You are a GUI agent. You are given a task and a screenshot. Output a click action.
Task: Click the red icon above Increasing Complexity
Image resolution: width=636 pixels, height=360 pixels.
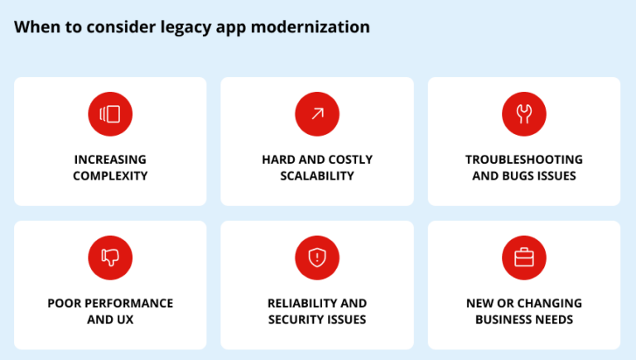(x=110, y=114)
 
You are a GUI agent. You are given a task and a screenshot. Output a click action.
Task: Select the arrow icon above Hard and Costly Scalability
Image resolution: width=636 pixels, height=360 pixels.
(x=317, y=114)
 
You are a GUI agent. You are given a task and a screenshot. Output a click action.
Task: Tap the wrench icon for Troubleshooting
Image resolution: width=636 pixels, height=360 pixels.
(x=524, y=114)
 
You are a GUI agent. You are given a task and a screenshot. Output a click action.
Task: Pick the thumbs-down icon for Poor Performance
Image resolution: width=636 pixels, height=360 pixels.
(x=110, y=257)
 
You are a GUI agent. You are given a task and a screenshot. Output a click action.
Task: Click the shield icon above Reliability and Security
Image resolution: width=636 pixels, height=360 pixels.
(x=317, y=257)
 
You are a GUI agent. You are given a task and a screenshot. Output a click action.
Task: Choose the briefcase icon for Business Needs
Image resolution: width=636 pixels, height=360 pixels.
(x=524, y=257)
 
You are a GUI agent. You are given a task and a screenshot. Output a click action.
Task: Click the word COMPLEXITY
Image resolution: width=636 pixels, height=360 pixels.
(x=110, y=175)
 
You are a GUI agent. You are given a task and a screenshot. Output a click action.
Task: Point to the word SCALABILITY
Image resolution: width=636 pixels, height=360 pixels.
(x=317, y=175)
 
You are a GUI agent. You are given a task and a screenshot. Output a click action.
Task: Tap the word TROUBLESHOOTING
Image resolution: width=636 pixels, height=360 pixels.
(x=524, y=159)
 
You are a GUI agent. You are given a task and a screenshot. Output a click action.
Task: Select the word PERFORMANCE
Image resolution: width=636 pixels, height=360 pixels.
(x=126, y=303)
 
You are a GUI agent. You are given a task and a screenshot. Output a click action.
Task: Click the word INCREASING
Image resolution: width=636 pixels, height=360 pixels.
(x=110, y=159)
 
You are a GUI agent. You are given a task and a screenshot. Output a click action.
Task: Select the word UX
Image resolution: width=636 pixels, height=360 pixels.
(x=124, y=319)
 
